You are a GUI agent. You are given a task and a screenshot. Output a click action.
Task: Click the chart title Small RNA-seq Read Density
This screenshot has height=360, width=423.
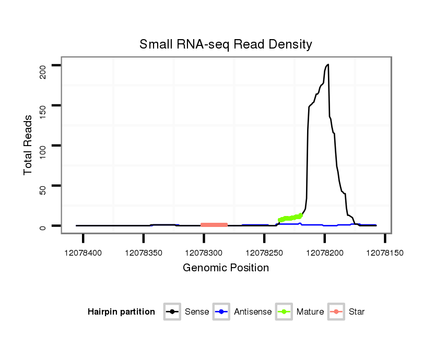226,44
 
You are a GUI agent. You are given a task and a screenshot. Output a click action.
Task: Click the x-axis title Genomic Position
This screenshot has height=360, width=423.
226,268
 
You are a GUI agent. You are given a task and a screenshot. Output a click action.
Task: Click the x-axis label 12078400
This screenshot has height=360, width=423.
83,253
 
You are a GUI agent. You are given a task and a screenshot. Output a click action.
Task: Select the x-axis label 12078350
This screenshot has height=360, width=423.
143,253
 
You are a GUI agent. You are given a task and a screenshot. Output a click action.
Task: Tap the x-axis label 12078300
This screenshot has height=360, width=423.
204,253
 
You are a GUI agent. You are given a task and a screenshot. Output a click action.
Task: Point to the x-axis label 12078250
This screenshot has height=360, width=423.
264,253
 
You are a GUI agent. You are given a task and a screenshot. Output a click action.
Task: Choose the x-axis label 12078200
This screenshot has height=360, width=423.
324,253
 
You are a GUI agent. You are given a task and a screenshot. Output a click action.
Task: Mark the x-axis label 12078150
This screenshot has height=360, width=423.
385,253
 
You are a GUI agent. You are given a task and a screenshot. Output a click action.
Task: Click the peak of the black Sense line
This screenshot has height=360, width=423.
328,65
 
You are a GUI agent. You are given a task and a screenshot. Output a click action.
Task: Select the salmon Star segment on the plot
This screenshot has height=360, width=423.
214,225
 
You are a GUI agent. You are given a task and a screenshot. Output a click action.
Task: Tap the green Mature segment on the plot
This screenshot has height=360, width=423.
290,218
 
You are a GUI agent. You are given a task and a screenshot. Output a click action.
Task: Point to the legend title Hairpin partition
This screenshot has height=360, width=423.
121,312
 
